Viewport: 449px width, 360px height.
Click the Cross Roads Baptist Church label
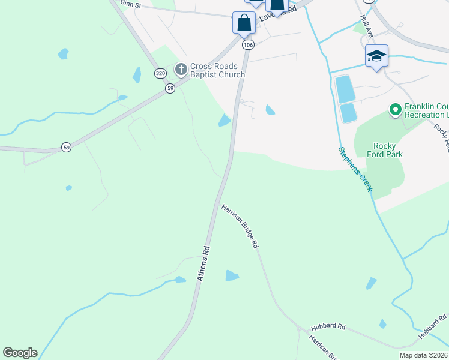pos(217,70)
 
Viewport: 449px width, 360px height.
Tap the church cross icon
pos(181,70)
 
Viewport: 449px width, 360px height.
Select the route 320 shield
pos(160,73)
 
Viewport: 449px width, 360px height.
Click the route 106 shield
pos(248,45)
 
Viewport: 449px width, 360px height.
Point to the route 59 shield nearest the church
pos(170,88)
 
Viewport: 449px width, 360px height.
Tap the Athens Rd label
pos(204,263)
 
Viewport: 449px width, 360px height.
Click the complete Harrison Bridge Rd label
pos(240,226)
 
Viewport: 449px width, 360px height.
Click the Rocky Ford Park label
pos(379,150)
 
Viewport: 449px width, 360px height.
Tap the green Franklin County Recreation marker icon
pos(395,110)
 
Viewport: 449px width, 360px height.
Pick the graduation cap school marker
pos(376,56)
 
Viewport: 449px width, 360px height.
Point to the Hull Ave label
pos(366,28)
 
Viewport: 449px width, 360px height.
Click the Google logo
pos(20,353)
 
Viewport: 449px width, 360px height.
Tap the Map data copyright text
pos(424,355)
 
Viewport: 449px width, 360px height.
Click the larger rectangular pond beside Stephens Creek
pos(345,89)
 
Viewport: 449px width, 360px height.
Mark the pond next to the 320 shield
pos(137,75)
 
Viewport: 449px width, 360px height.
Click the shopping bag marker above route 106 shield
pos(244,23)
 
